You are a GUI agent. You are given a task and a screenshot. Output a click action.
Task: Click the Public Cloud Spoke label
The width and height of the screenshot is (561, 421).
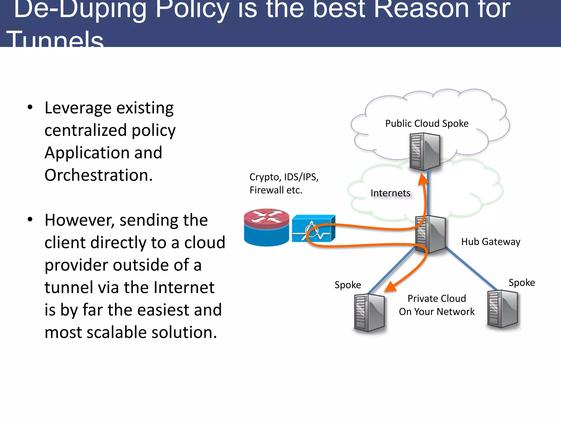(x=427, y=124)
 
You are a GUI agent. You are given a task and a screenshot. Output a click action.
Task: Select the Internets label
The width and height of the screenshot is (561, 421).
(x=390, y=193)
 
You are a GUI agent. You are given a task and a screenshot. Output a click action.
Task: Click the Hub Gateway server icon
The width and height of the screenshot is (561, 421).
(x=430, y=234)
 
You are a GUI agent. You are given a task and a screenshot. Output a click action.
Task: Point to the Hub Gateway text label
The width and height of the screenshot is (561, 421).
(x=490, y=242)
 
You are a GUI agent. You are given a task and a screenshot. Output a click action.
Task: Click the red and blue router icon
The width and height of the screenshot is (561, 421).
(x=266, y=227)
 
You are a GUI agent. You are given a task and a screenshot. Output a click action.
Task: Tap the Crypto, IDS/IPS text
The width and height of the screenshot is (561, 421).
(x=284, y=177)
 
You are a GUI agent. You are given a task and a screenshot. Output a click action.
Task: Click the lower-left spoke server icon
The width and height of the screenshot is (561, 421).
(x=369, y=312)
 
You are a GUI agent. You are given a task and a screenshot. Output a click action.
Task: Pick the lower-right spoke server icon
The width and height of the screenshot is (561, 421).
(x=503, y=309)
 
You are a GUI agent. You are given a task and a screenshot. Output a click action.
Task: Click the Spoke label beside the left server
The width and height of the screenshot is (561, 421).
(x=348, y=285)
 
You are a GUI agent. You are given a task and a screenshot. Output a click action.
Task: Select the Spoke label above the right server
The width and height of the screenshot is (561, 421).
(x=522, y=283)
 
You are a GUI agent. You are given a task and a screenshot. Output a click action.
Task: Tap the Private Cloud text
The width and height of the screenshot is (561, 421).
(x=437, y=299)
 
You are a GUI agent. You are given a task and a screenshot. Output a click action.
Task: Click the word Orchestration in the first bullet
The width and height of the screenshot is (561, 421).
(x=98, y=175)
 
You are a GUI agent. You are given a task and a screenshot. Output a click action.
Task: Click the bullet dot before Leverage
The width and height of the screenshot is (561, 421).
(x=30, y=107)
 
